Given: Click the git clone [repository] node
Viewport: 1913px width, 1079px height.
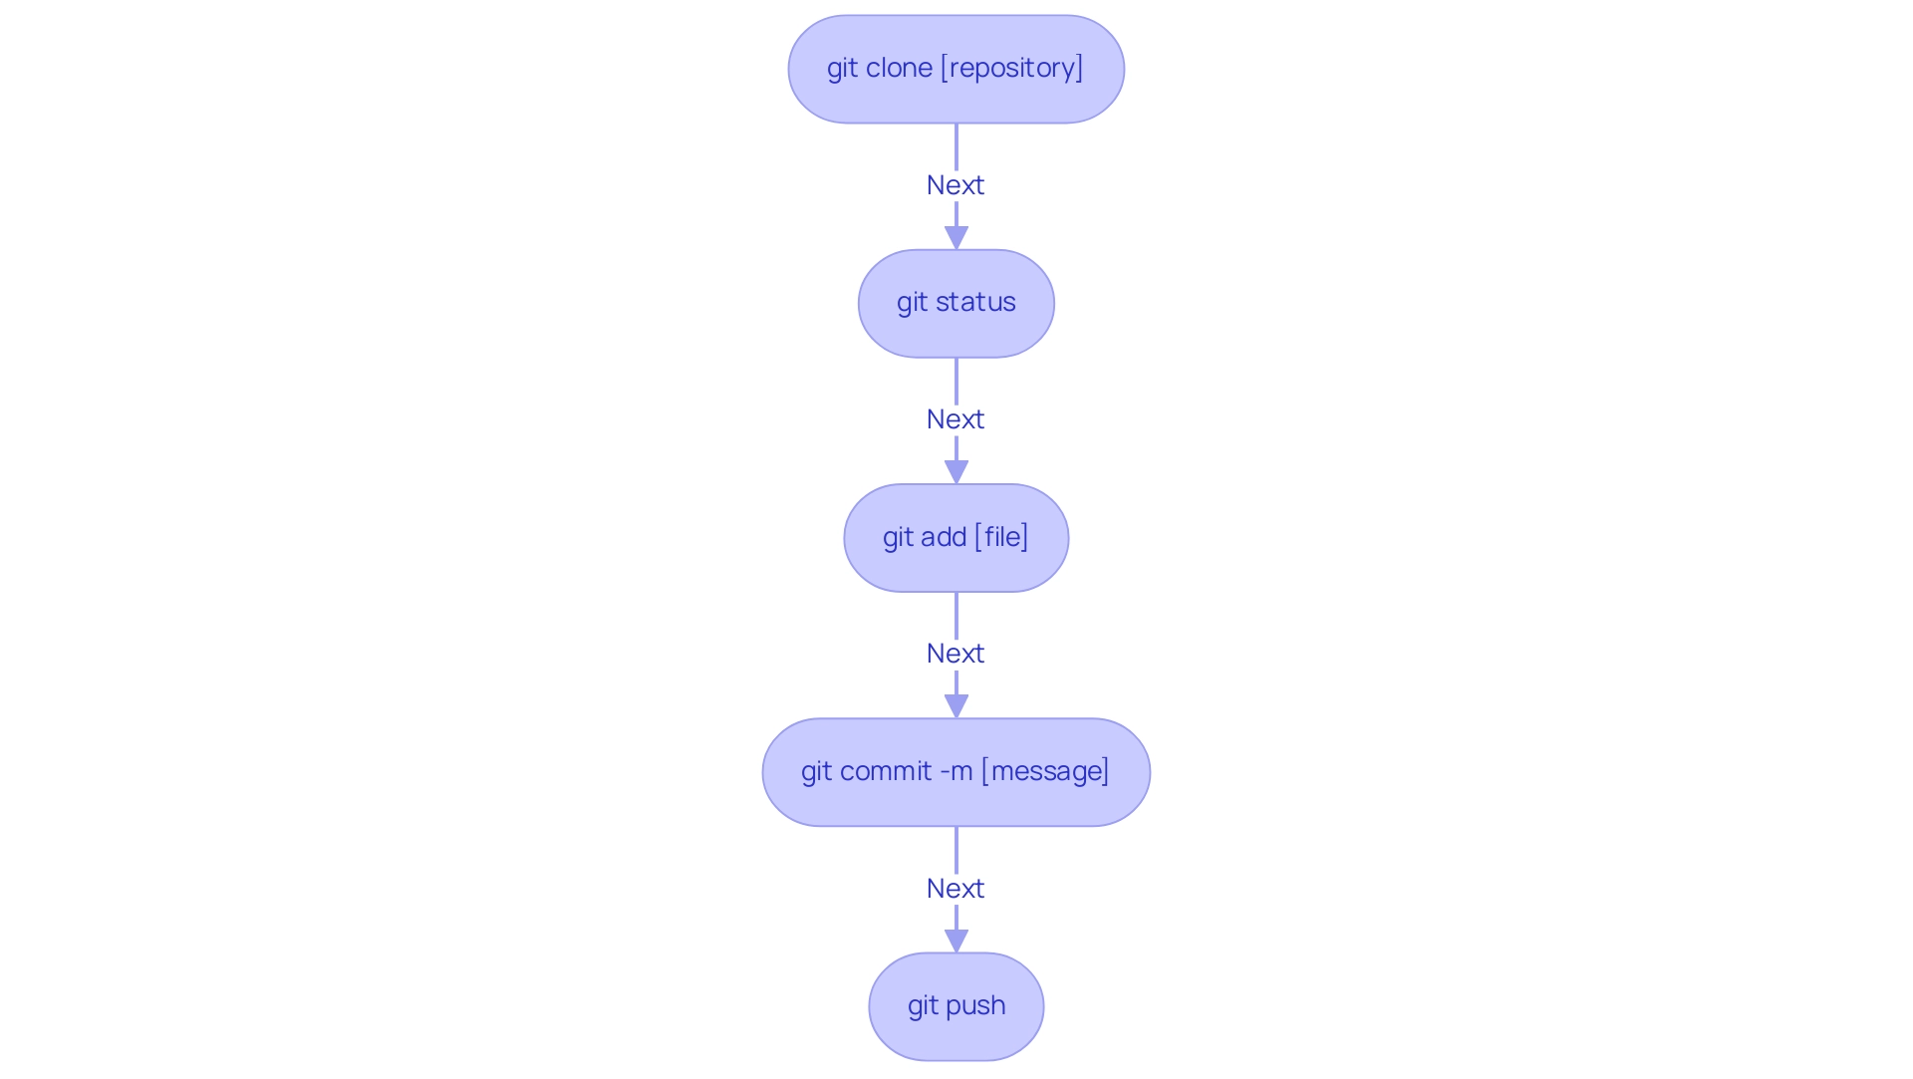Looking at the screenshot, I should [x=956, y=69].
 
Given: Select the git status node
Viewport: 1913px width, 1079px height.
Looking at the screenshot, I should [x=956, y=303].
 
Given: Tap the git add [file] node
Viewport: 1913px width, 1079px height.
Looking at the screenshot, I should [x=956, y=538].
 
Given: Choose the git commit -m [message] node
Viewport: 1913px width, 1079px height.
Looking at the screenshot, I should [x=956, y=772].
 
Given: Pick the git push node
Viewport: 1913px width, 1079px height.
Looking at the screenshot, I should [x=956, y=1006].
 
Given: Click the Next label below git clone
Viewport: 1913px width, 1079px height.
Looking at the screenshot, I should [x=956, y=185].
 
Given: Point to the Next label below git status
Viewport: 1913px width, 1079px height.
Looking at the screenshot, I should [x=956, y=419].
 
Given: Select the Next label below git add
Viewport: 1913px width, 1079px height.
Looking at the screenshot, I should [x=956, y=654].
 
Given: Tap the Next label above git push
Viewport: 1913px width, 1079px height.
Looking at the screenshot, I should [x=956, y=889].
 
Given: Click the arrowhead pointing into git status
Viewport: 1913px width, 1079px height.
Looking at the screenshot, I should [x=956, y=238].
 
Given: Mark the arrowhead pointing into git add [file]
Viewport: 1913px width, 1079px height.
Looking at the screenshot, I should [x=956, y=472].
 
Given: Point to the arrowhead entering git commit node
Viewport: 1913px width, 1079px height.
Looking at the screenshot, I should [x=956, y=706].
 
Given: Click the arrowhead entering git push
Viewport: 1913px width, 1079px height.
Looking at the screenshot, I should [x=956, y=941].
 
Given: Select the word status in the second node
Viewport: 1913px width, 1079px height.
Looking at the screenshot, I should [x=975, y=302].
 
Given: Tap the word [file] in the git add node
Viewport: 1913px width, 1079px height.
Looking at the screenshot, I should [x=1001, y=537].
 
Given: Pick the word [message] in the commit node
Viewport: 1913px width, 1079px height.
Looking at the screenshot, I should [x=1045, y=771].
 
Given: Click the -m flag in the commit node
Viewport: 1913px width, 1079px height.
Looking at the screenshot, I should [x=956, y=771].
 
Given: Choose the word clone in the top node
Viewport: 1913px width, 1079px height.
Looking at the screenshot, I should [x=899, y=68].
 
